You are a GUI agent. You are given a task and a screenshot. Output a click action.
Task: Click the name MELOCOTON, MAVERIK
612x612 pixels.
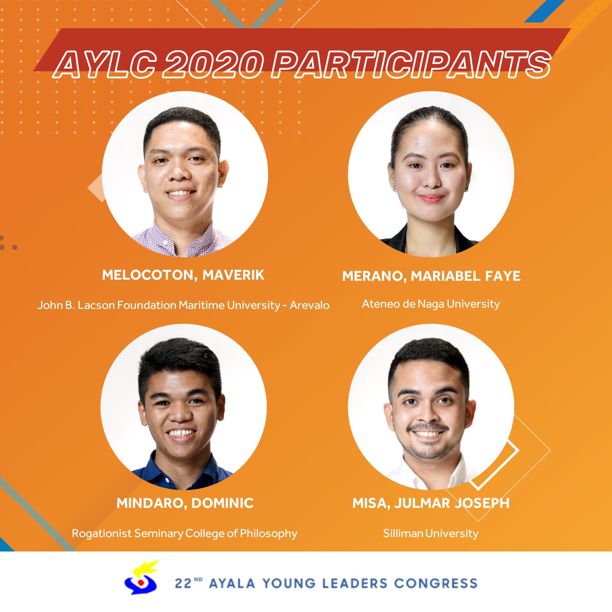(183, 275)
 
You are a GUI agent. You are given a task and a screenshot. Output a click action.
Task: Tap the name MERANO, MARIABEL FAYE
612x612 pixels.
(431, 276)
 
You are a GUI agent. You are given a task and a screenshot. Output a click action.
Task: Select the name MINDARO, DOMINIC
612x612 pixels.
(185, 503)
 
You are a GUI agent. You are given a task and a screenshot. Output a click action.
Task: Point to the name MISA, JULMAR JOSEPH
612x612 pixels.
(431, 503)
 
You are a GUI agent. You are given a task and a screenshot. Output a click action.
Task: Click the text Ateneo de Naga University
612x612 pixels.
(431, 304)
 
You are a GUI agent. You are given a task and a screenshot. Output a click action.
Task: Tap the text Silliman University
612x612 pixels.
(431, 533)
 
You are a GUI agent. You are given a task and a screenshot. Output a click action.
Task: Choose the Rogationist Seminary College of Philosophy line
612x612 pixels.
(185, 534)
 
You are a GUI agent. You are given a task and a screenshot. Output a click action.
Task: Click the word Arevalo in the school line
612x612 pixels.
(310, 305)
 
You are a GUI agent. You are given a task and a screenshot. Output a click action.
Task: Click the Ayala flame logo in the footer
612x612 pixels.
(142, 577)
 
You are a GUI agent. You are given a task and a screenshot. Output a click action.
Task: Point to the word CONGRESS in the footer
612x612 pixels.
(436, 583)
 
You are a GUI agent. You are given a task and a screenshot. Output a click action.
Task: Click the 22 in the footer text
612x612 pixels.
(183, 583)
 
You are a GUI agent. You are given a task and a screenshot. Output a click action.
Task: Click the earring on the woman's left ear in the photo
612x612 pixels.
(467, 189)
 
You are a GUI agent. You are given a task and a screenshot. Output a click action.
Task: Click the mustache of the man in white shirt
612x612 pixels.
(427, 426)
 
